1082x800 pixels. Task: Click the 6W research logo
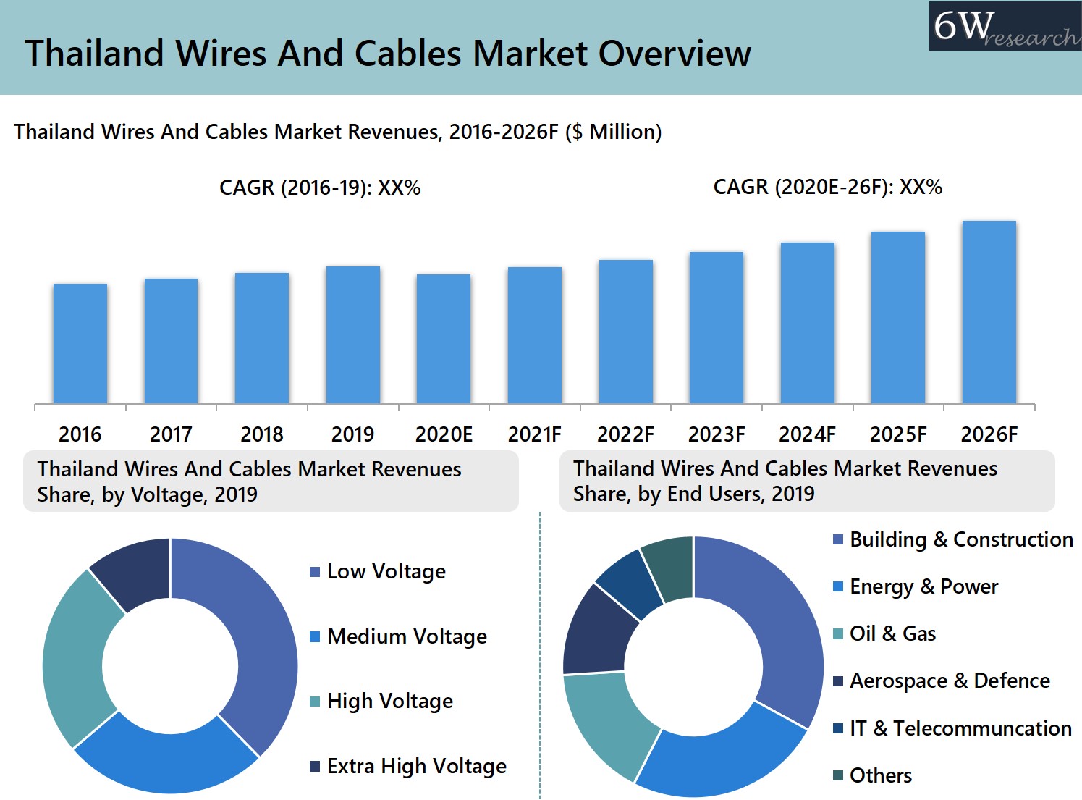(1005, 27)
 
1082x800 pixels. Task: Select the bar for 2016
(80, 344)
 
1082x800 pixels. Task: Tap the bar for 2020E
(444, 339)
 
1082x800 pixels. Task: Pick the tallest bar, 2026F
(989, 312)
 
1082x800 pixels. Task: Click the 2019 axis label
(352, 434)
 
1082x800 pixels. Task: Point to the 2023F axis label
(716, 434)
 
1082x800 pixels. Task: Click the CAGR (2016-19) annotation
(320, 188)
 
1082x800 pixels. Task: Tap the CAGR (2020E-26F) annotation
(827, 187)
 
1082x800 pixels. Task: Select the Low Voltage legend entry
(386, 571)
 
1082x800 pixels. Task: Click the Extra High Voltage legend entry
(416, 766)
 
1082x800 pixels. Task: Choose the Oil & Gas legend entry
(892, 633)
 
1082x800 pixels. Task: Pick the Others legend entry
(880, 775)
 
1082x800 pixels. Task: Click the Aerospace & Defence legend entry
(949, 681)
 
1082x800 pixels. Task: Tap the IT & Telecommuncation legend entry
(960, 728)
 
